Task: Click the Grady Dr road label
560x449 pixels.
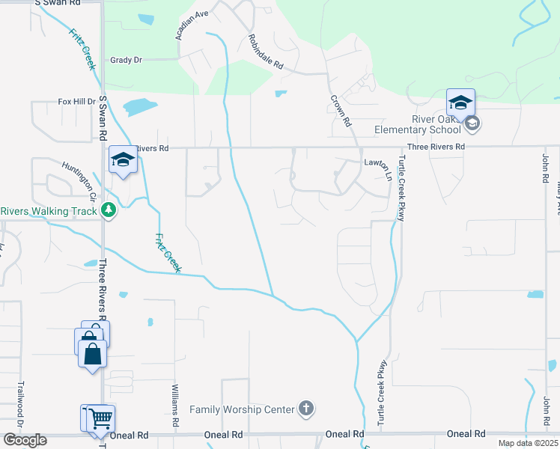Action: pos(126,60)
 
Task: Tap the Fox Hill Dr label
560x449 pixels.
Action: pos(76,102)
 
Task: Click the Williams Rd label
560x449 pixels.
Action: pos(175,406)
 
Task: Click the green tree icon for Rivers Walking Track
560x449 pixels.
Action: pos(109,210)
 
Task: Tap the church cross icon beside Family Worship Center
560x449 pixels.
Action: pos(305,409)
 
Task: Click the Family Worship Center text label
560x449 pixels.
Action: pos(242,409)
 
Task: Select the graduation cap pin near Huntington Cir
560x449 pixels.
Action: pos(123,159)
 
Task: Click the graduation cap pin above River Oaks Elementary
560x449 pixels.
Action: pos(460,101)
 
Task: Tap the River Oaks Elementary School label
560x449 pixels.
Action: pos(421,124)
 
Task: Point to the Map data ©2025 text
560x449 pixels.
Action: pos(528,443)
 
